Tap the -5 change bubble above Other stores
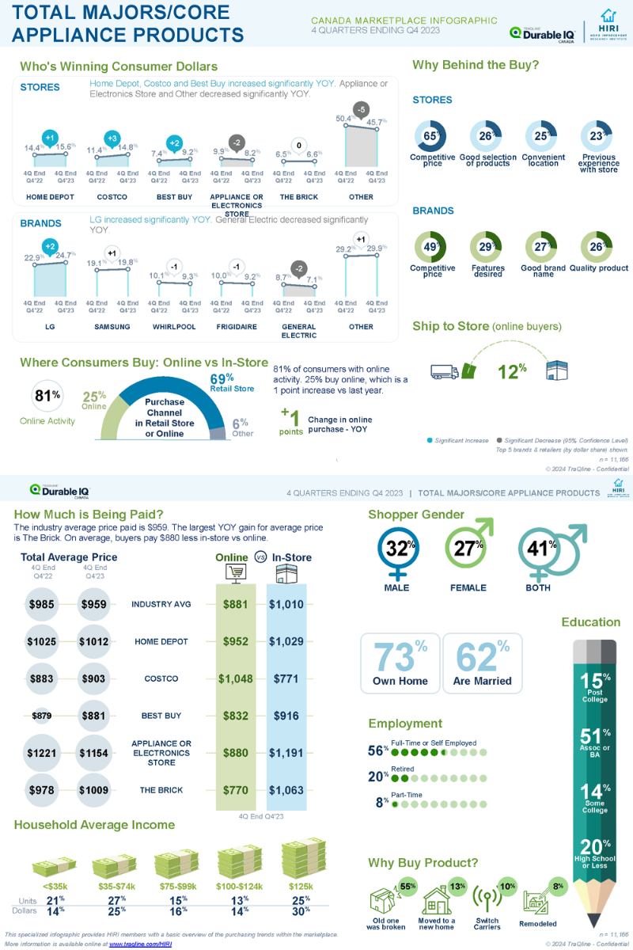coord(361,108)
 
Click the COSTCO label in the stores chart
coord(112,196)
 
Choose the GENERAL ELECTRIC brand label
coord(298,330)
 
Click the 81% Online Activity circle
coord(47,397)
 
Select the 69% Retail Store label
coord(231,382)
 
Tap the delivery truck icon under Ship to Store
coord(445,370)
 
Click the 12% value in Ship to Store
coord(514,370)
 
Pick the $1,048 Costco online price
coord(235,678)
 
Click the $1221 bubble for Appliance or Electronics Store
coord(41,753)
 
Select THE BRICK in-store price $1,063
coord(286,789)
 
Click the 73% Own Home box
coord(400,663)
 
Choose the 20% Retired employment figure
coord(376,777)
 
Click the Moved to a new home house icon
coord(437,900)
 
